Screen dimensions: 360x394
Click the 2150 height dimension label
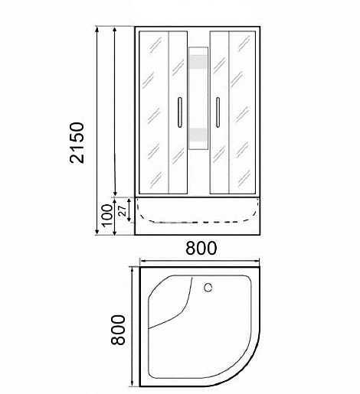[77, 143]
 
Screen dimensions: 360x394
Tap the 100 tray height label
[107, 215]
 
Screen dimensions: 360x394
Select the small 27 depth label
[123, 210]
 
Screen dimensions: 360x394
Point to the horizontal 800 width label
[201, 248]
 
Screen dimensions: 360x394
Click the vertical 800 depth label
[118, 330]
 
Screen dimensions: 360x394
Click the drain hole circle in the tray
[208, 288]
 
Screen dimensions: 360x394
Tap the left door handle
[179, 112]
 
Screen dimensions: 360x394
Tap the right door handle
[218, 112]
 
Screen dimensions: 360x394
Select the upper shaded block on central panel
[198, 62]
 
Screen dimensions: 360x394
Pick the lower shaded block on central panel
[198, 135]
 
